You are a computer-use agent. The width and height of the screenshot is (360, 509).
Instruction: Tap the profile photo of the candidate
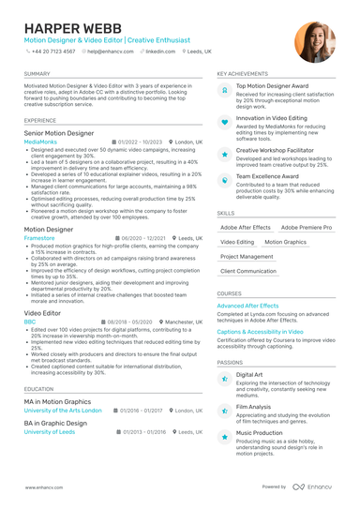[x=314, y=42]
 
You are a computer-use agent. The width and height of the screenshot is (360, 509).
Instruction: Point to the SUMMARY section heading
[x=37, y=73]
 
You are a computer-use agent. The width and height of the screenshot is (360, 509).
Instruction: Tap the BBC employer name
[x=30, y=321]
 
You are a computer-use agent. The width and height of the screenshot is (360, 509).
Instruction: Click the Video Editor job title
[x=43, y=312]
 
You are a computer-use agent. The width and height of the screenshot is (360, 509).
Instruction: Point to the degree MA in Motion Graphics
[x=57, y=401]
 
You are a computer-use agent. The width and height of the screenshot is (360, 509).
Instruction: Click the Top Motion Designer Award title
[x=272, y=85]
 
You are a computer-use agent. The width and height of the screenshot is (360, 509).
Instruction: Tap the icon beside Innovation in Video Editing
[x=225, y=122]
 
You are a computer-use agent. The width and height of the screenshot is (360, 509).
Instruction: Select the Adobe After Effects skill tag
[x=246, y=227]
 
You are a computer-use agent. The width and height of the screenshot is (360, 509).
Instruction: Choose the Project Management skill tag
[x=247, y=256]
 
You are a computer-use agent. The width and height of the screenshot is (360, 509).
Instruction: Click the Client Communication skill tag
[x=248, y=271]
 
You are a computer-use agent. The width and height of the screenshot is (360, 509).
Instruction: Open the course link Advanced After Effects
[x=247, y=306]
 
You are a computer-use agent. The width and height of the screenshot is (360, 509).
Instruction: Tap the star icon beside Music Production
[x=225, y=437]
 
